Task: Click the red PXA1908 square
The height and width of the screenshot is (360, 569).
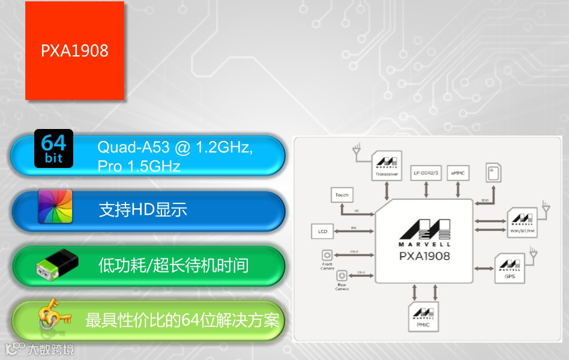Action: tap(74, 50)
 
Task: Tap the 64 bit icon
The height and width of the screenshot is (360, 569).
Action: tap(54, 148)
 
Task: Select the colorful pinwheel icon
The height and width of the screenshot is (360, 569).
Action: tap(55, 206)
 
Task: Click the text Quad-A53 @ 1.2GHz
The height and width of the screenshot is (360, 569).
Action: tap(175, 147)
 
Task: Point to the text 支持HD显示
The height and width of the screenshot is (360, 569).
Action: tap(143, 209)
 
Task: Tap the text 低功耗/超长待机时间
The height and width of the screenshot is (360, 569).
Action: tap(173, 265)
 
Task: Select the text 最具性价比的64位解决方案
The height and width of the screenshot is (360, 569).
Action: tap(182, 320)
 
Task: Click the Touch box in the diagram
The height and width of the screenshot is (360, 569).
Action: tap(342, 195)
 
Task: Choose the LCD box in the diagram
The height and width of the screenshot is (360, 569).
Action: tap(322, 230)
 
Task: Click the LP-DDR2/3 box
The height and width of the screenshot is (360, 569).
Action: tap(426, 173)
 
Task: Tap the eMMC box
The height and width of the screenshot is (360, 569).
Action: tap(458, 173)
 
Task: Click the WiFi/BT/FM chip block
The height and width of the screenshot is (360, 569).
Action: tap(522, 223)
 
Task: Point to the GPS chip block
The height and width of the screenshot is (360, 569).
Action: tap(510, 268)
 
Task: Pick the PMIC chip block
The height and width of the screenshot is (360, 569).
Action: tap(423, 317)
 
